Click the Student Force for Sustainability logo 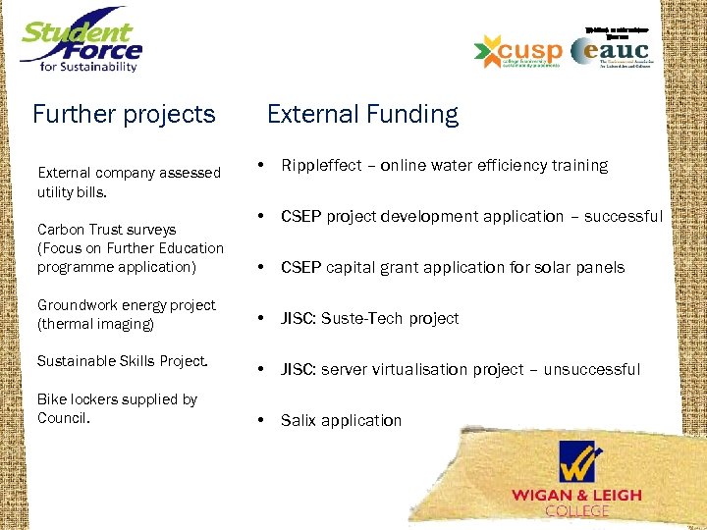click(82, 42)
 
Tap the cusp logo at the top click(517, 51)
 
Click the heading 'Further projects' click(124, 115)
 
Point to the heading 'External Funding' click(362, 115)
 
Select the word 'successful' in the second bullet click(624, 217)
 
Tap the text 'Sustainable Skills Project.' click(123, 361)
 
